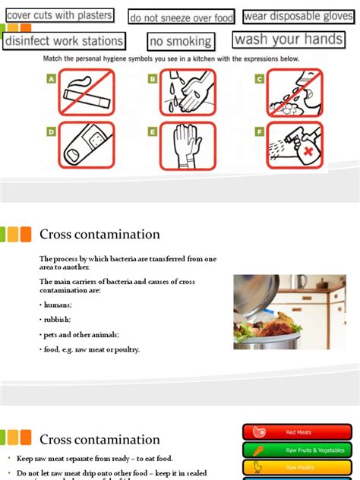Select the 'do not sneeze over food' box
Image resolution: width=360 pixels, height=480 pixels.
(x=182, y=17)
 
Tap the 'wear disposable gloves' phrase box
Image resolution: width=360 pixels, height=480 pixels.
(x=298, y=16)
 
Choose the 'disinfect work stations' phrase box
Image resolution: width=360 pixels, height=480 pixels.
(x=64, y=41)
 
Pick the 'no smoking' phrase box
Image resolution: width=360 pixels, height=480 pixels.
(x=180, y=42)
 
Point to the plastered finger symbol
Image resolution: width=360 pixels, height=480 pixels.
(x=86, y=145)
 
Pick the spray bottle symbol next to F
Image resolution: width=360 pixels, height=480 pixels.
(x=295, y=145)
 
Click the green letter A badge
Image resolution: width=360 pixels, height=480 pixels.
(x=52, y=78)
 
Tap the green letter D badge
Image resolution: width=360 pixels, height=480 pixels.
(x=52, y=131)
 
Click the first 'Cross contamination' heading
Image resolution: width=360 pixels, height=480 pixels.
(x=99, y=235)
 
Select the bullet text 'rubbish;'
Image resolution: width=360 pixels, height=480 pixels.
(x=55, y=320)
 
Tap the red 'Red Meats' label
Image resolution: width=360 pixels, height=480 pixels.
(x=298, y=432)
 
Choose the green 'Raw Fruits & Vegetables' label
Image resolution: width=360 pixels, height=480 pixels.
(x=298, y=450)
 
